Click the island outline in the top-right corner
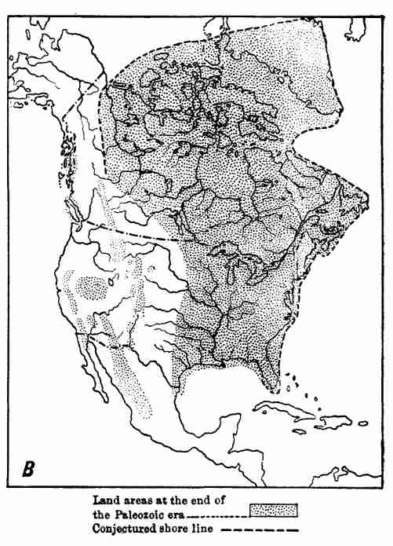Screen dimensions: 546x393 point(357,29)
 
